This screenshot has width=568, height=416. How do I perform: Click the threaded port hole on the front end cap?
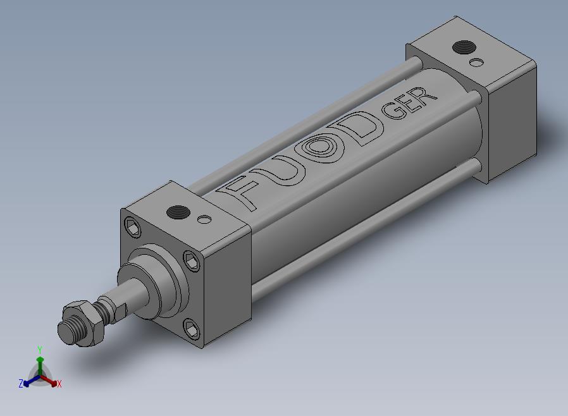(x=178, y=212)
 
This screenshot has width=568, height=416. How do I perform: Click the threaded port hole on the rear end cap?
(x=464, y=47)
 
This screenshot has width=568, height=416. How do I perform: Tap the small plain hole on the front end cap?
(x=204, y=219)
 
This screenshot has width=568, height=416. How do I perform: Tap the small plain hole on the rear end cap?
(x=476, y=62)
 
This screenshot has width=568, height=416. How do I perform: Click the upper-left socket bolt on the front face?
(x=133, y=228)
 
